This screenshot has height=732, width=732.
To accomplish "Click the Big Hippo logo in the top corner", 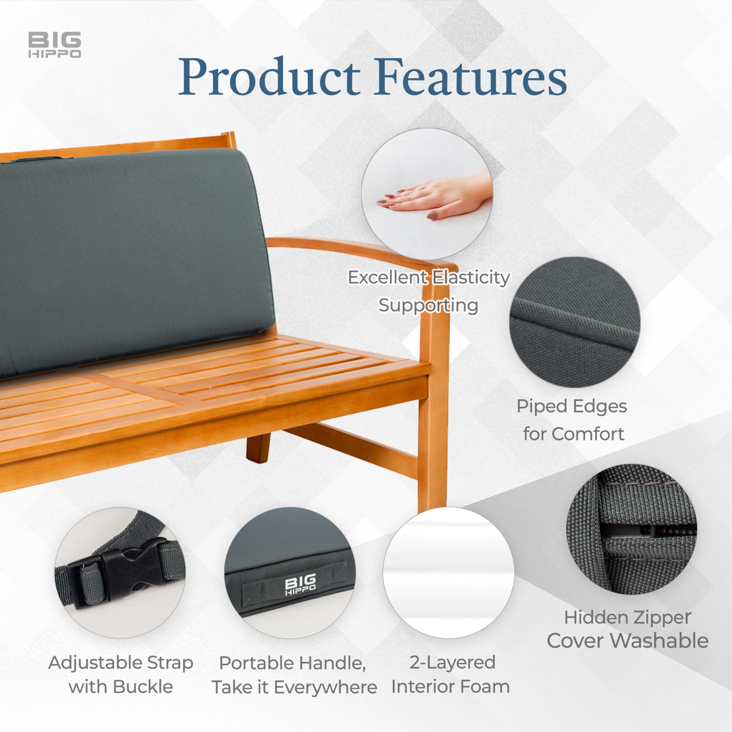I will tap(55, 45).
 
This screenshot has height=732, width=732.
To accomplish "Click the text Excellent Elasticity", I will tap(429, 278).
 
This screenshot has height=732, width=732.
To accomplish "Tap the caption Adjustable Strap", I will tap(120, 663).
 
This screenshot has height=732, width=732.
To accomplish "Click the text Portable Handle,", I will tap(293, 663).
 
